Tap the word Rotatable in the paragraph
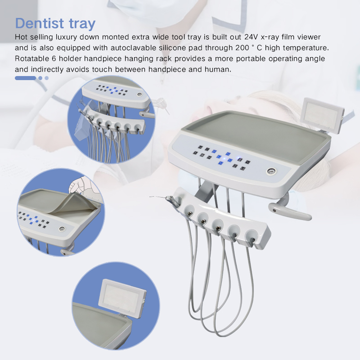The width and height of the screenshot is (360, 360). coord(31,59)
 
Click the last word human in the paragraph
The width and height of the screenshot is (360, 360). coord(219,69)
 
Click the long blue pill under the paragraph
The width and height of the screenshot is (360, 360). coord(25,78)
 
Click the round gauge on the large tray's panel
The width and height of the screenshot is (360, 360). coord(271,171)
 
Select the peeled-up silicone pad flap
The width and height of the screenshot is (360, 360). coord(72,202)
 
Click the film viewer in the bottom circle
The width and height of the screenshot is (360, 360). coord(120,295)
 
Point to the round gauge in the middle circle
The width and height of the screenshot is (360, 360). coord(62,229)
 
